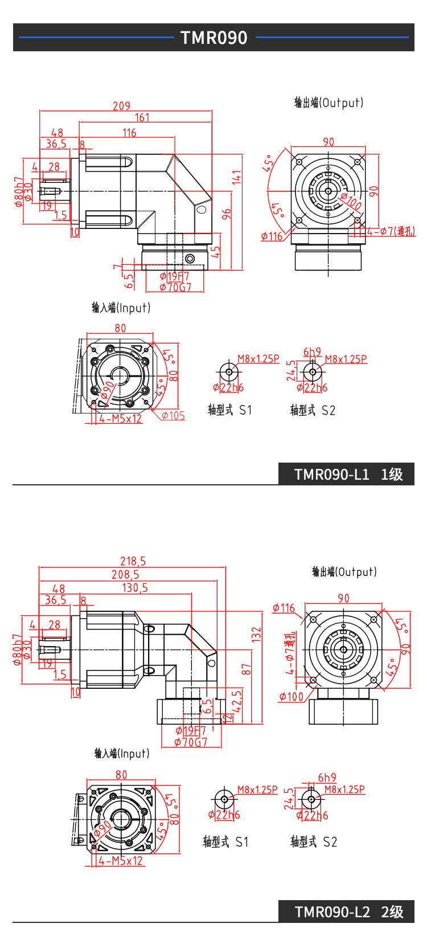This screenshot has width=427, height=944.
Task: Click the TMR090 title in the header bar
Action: tap(213, 38)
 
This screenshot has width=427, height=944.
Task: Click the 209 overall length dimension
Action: tap(121, 106)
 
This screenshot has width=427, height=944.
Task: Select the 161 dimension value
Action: tap(142, 117)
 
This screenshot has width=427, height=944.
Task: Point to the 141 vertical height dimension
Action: tap(237, 177)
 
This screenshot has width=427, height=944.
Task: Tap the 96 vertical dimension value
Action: tap(227, 214)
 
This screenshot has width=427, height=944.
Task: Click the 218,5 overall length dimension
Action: tap(133, 561)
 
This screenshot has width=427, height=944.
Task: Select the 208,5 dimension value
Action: tap(125, 575)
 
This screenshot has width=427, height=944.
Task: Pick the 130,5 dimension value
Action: tap(135, 588)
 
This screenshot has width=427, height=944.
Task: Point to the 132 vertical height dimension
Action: tap(256, 635)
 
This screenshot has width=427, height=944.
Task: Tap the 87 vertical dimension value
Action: tap(246, 669)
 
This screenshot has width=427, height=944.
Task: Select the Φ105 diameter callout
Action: tap(173, 415)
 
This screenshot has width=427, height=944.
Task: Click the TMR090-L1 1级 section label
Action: tap(348, 475)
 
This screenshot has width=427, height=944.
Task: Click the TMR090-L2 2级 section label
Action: tap(348, 912)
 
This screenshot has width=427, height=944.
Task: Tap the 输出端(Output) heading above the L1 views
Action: tap(329, 103)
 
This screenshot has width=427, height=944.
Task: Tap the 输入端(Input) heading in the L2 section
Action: tap(122, 753)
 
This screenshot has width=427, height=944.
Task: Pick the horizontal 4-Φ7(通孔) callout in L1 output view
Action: tap(391, 231)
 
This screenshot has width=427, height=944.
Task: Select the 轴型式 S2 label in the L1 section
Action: tap(313, 410)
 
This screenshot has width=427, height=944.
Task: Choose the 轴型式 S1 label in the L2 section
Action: tap(225, 841)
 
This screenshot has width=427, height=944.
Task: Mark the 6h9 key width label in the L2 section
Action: tap(327, 778)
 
